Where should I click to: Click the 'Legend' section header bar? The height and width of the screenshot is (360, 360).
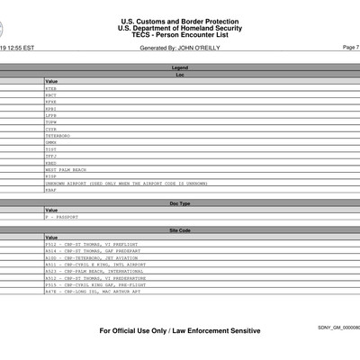180,67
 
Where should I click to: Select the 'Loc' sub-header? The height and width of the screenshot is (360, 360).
180,75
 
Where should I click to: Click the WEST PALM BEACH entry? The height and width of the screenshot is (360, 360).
65,168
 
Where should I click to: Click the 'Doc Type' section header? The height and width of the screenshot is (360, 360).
180,203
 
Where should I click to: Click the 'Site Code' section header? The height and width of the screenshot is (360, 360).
180,230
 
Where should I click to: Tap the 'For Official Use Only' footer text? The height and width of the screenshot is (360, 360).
180,330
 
